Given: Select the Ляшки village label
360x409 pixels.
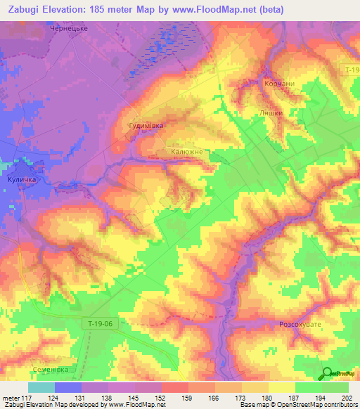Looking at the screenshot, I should pos(271,112).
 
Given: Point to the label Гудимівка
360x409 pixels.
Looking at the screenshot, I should pos(146,126).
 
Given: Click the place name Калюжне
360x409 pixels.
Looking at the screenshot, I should pos(187,151).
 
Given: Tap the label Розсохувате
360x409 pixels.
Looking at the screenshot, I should pos(302,325).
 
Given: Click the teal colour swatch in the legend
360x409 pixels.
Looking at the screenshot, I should pos(41,387).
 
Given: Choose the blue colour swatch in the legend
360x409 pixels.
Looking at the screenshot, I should pos(68,387).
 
